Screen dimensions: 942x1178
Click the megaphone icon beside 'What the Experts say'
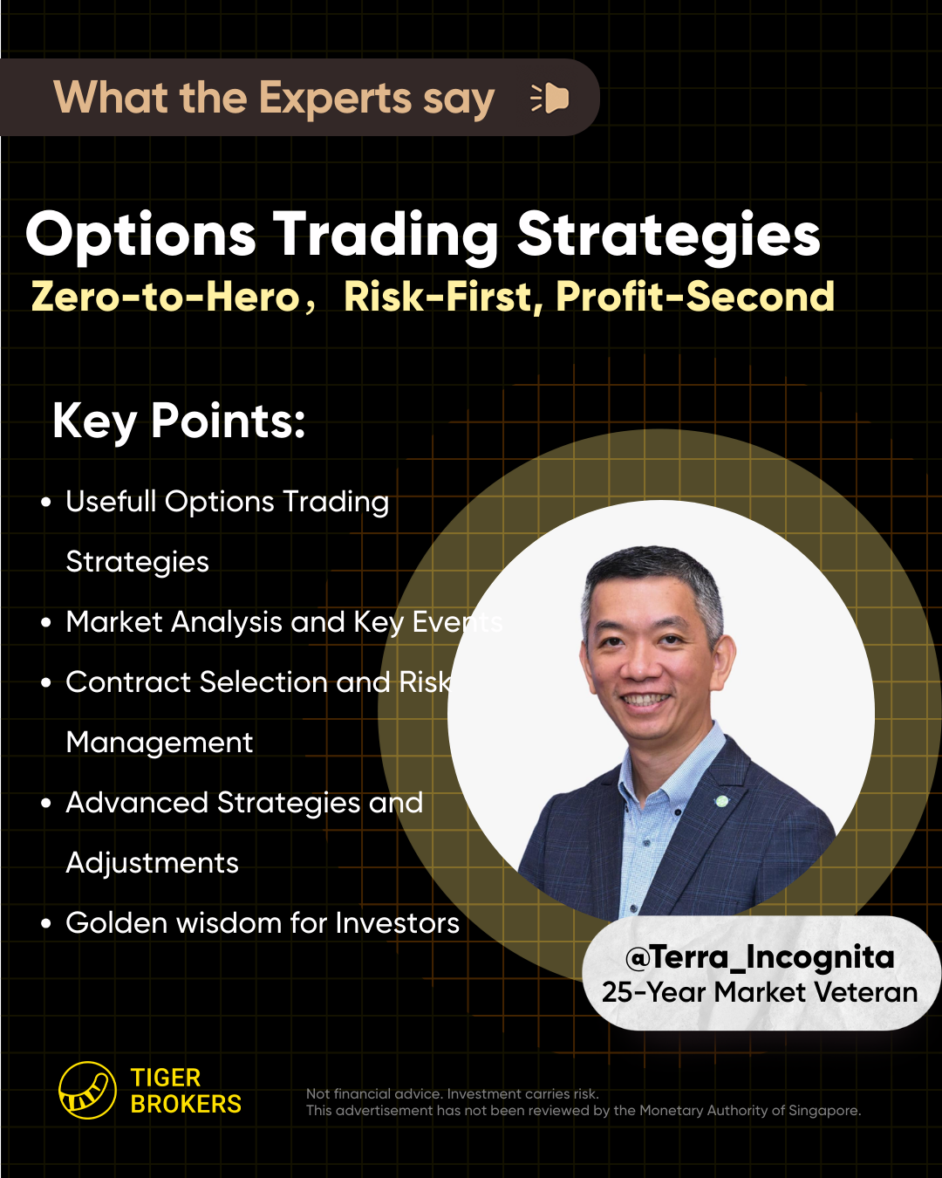(x=549, y=99)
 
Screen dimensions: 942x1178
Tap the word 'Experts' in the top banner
(x=334, y=99)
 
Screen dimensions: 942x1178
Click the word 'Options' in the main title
(x=140, y=236)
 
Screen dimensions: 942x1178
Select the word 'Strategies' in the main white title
(x=668, y=236)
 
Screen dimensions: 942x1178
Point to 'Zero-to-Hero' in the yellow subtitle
(x=166, y=297)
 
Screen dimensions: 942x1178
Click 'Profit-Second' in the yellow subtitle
(x=695, y=297)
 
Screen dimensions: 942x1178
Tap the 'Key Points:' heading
(x=179, y=421)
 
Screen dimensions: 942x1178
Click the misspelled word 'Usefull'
(x=111, y=501)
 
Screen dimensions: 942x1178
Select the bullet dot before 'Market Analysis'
(x=46, y=622)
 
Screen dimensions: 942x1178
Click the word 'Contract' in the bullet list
(x=128, y=682)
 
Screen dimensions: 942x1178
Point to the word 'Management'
(x=160, y=743)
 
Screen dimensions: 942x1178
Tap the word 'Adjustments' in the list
(x=152, y=863)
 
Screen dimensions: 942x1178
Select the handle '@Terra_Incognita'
(x=760, y=957)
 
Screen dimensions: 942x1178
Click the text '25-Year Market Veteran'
(x=760, y=992)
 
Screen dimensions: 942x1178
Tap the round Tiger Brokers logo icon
(x=87, y=1090)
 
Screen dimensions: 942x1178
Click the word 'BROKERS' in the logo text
(x=186, y=1104)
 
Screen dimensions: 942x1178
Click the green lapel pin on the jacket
(x=722, y=801)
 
